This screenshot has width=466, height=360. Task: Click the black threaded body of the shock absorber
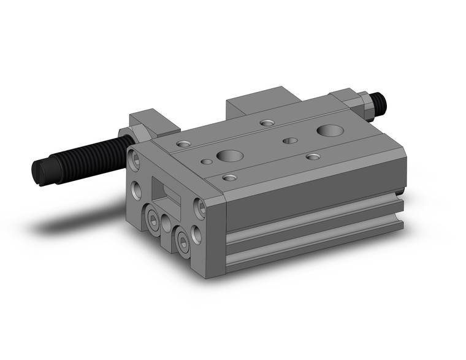[x=86, y=156]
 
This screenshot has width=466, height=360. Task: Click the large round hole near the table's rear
[x=330, y=130]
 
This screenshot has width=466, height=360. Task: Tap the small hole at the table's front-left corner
[x=183, y=144]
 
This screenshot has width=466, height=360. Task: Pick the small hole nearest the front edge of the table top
[x=230, y=178]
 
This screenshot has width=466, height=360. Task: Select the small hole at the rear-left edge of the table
[x=267, y=123]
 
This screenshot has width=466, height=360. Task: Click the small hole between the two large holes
[x=290, y=140]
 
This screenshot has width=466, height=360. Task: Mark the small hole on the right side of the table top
[x=313, y=157]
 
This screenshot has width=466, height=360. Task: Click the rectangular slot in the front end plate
[x=169, y=196]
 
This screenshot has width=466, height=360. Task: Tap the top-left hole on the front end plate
[x=134, y=161]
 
